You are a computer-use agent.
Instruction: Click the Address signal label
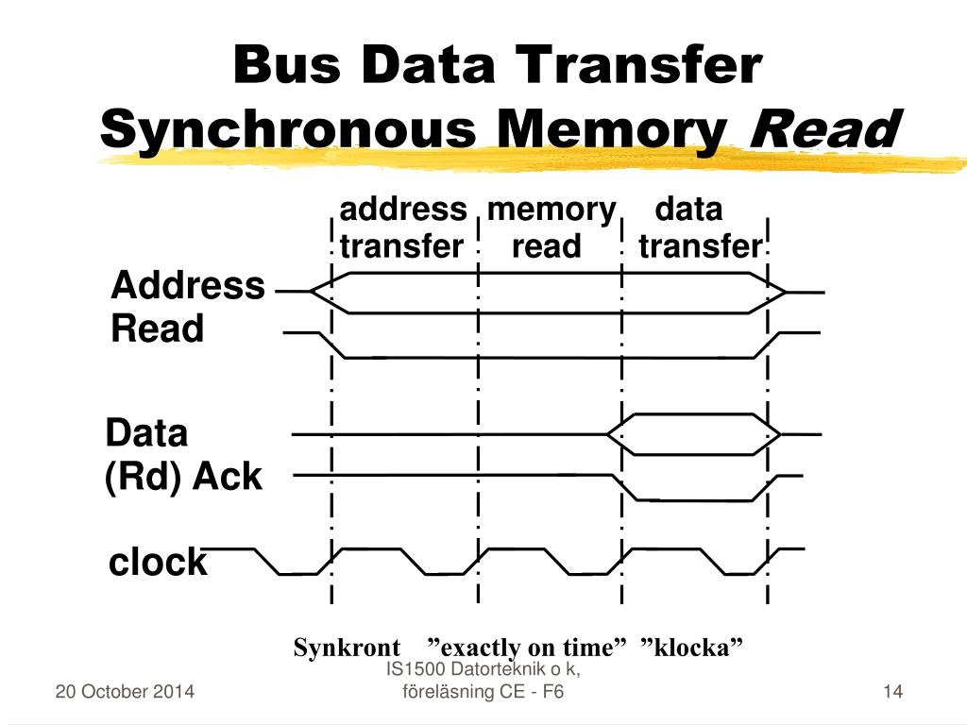click(x=188, y=285)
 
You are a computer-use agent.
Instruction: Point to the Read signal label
click(x=158, y=329)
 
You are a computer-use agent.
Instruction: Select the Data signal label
click(x=146, y=433)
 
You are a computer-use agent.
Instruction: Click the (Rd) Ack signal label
click(x=182, y=477)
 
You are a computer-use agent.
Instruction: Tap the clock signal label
click(x=158, y=562)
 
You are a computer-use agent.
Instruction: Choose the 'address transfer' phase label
click(x=402, y=228)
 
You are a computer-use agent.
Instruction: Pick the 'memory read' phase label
click(x=551, y=228)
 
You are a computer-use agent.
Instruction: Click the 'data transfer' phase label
click(x=699, y=228)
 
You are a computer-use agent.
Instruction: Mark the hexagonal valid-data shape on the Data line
click(x=693, y=434)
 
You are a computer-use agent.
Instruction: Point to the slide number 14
click(x=893, y=692)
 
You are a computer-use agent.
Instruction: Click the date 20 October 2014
click(x=126, y=692)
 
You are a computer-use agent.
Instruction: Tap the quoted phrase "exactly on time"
click(x=528, y=649)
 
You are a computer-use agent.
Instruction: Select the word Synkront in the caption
click(x=347, y=649)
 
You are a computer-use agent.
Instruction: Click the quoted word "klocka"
click(x=691, y=649)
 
